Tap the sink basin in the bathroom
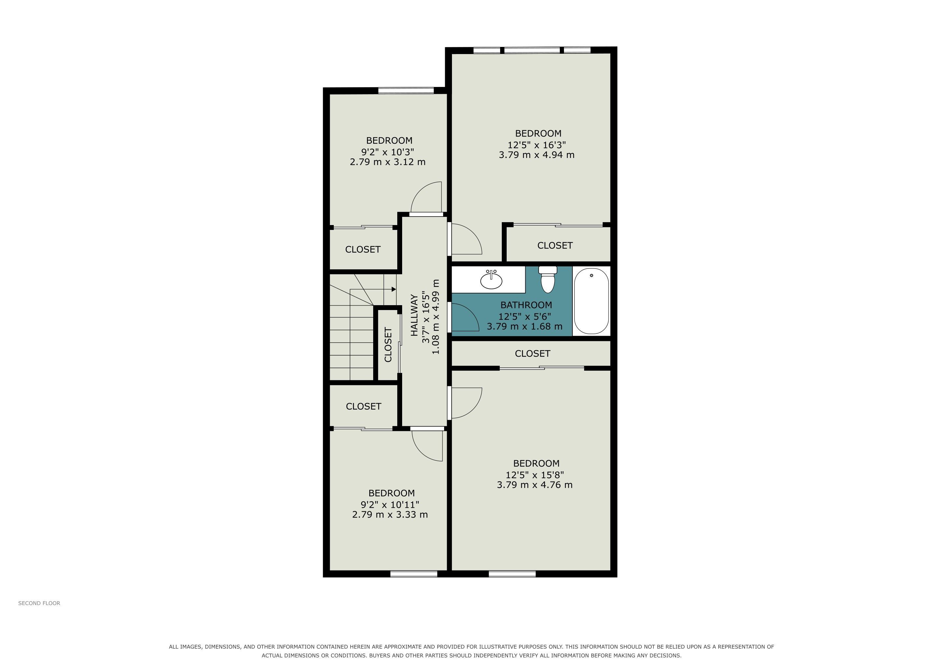pyautogui.click(x=491, y=281)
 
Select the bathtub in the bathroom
pyautogui.click(x=591, y=301)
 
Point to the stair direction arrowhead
pyautogui.click(x=394, y=289)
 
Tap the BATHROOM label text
pyautogui.click(x=526, y=305)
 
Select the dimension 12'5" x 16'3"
pyautogui.click(x=537, y=145)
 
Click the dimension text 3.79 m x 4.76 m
pyautogui.click(x=535, y=485)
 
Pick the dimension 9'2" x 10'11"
pyautogui.click(x=390, y=504)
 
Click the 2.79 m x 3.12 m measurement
pyautogui.click(x=388, y=162)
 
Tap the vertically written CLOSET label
pyautogui.click(x=388, y=345)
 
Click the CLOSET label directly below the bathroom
pyautogui.click(x=533, y=353)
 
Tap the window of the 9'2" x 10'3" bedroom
pyautogui.click(x=406, y=90)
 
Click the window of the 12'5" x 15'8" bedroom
pyautogui.click(x=512, y=574)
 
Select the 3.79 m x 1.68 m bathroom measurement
pyautogui.click(x=525, y=327)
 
